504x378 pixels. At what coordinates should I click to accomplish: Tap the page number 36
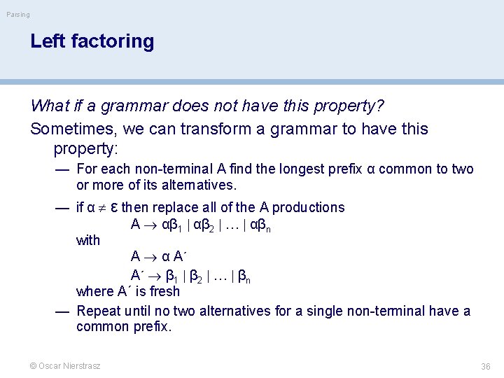tap(486, 366)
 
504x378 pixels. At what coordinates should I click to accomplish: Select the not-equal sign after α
tap(101, 207)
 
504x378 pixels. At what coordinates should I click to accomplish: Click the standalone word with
tap(88, 240)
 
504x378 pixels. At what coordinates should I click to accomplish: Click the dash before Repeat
tap(62, 311)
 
